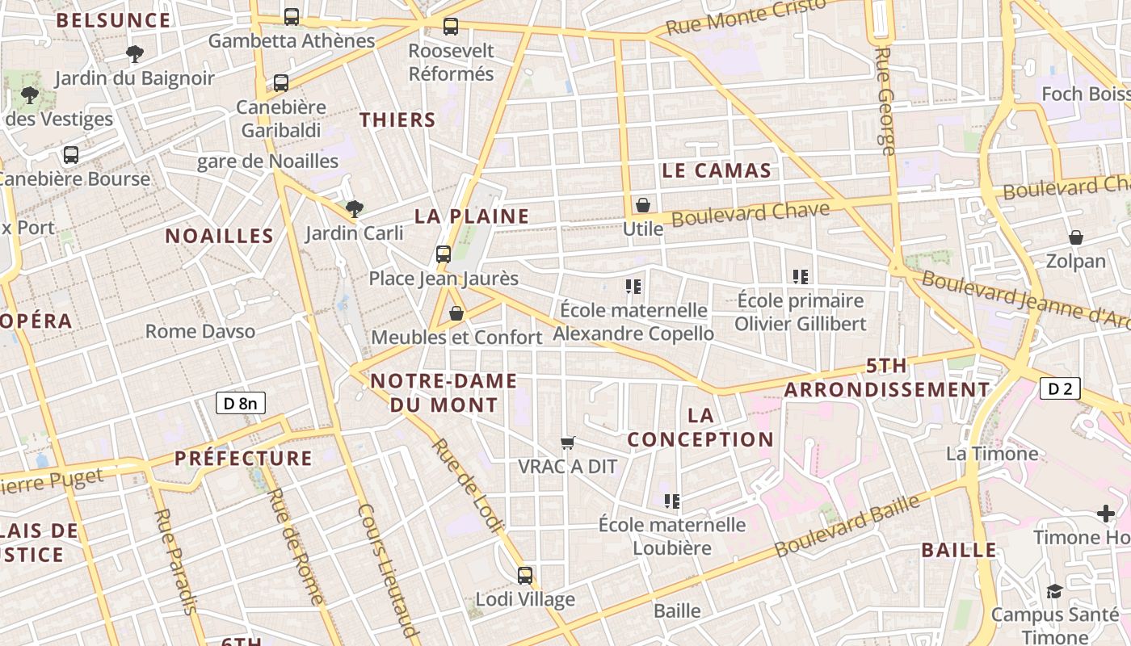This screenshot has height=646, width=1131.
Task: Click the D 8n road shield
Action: pyautogui.click(x=241, y=402)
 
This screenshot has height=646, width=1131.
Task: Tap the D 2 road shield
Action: pyautogui.click(x=1060, y=388)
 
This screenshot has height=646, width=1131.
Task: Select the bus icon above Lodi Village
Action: pyautogui.click(x=525, y=575)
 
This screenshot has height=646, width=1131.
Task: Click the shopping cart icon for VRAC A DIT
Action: pyautogui.click(x=568, y=443)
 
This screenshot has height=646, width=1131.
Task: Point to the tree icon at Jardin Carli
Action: pyautogui.click(x=354, y=209)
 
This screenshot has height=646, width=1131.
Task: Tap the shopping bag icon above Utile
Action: pyautogui.click(x=643, y=205)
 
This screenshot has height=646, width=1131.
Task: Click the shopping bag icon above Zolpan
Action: pyautogui.click(x=1076, y=237)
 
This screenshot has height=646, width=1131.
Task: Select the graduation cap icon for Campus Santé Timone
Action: pyautogui.click(x=1054, y=591)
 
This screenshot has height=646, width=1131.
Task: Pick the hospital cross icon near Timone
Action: pyautogui.click(x=1106, y=513)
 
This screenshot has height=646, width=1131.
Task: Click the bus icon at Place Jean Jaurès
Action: pyautogui.click(x=443, y=254)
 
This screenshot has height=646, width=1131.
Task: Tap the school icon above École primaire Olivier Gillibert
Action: pyautogui.click(x=801, y=277)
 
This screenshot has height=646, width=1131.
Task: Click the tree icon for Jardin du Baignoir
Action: pyautogui.click(x=135, y=54)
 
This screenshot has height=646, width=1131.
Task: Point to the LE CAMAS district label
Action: pyautogui.click(x=717, y=170)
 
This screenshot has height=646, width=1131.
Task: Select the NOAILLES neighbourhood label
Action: pyautogui.click(x=220, y=236)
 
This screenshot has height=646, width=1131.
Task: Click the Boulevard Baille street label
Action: pyautogui.click(x=847, y=526)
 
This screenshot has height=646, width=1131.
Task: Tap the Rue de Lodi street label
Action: pyautogui.click(x=467, y=486)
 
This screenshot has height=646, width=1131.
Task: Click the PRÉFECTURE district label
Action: pyautogui.click(x=243, y=459)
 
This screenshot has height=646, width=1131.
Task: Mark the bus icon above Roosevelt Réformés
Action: pyautogui.click(x=451, y=26)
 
